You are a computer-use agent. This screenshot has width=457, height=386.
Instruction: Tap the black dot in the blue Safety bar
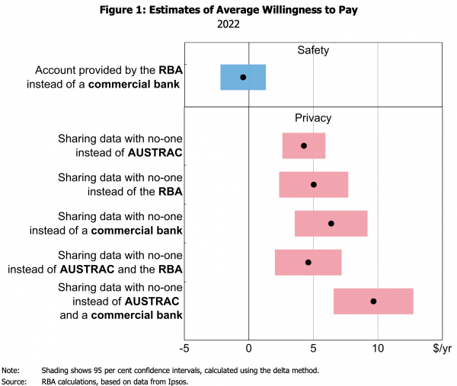point(243,77)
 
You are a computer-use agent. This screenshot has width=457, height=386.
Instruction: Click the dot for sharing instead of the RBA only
point(314,184)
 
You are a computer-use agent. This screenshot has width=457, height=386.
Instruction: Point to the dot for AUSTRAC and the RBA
point(308,262)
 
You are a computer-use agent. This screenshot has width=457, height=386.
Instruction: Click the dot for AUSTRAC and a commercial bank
point(373,301)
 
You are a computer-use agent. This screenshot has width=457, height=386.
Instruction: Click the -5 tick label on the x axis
point(184,349)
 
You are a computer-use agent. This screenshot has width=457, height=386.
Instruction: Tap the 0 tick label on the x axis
point(249,349)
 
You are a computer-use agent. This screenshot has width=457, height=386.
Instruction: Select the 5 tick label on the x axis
point(314,349)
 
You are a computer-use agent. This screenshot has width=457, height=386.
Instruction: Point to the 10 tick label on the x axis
point(378,349)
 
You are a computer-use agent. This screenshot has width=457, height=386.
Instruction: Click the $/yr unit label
point(443,349)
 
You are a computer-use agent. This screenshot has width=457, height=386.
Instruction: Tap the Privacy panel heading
point(313,118)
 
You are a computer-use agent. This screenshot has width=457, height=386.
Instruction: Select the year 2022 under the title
point(228,24)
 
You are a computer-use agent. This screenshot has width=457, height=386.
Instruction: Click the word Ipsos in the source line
point(177,381)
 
